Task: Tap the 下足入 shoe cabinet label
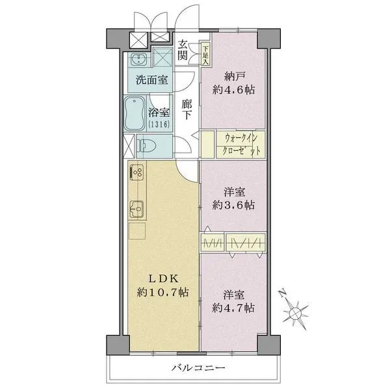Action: click(205, 50)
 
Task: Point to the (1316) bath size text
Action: click(159, 123)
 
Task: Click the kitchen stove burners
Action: click(138, 173)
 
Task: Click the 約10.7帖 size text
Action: click(162, 293)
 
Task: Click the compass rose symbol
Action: click(296, 312)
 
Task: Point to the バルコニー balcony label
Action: click(198, 369)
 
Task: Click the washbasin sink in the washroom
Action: click(138, 61)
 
